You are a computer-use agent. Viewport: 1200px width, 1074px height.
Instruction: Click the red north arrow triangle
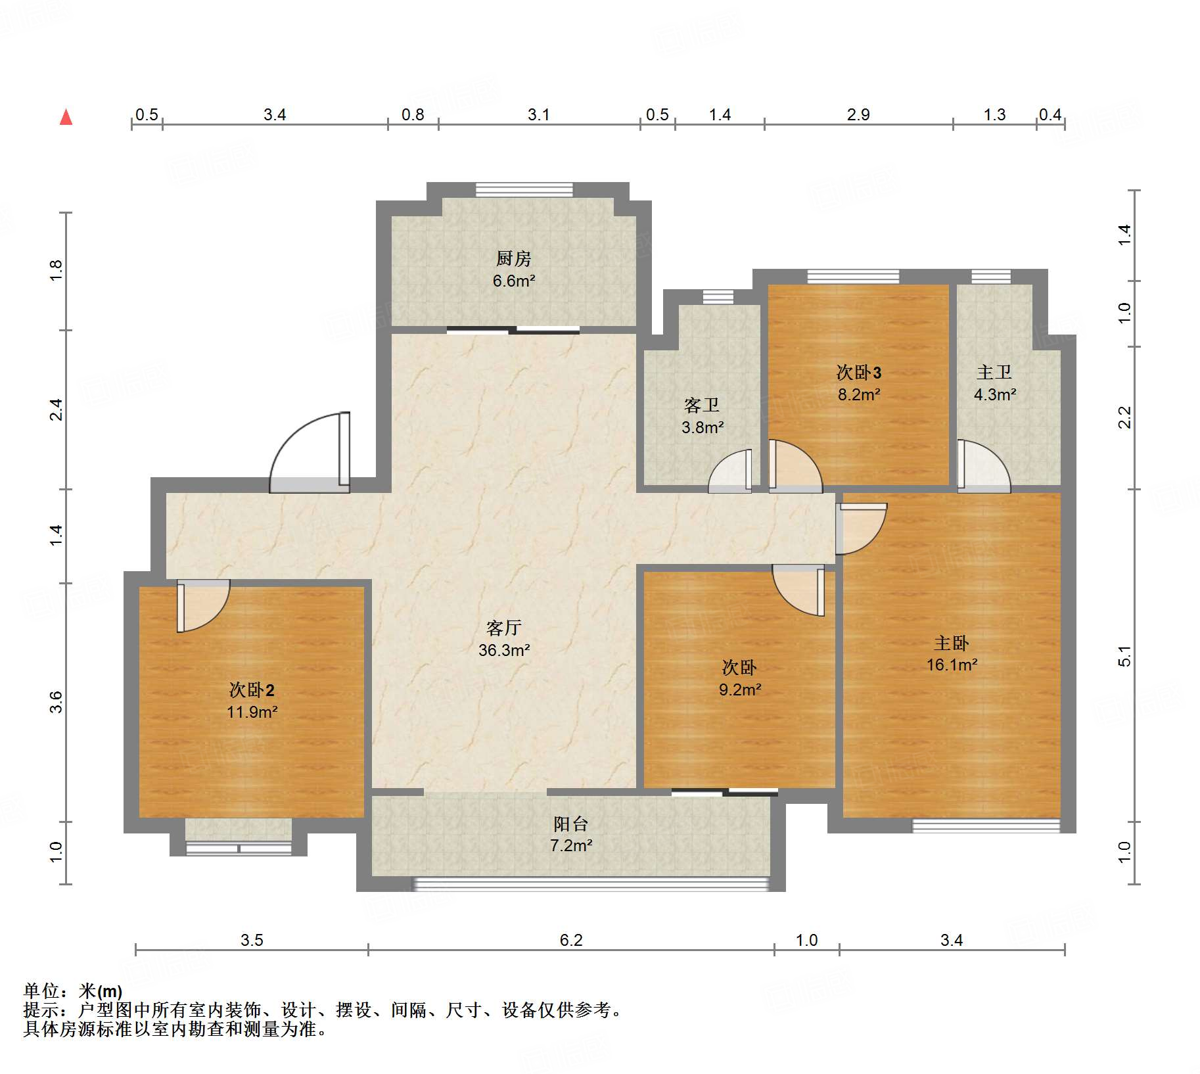[66, 117]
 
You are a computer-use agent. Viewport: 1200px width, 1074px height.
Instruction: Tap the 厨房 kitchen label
[513, 258]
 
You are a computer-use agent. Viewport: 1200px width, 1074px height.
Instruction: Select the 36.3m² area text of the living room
[504, 650]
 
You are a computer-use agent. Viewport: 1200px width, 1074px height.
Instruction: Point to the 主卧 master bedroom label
[952, 643]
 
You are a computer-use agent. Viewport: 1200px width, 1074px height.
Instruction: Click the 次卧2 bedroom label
[252, 689]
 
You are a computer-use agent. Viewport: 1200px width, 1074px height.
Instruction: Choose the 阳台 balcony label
[570, 824]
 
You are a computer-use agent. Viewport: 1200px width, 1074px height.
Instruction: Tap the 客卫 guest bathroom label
[701, 405]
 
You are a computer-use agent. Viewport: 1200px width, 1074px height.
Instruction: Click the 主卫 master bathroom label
[994, 372]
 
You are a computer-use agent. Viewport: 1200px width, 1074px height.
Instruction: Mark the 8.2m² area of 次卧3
[858, 394]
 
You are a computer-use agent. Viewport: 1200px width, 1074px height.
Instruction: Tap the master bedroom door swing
[861, 528]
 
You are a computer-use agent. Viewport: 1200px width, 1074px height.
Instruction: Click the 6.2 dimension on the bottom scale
[571, 940]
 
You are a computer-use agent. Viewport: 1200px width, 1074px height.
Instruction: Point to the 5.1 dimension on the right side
[1124, 656]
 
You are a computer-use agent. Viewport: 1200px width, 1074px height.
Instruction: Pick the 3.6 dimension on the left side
[57, 702]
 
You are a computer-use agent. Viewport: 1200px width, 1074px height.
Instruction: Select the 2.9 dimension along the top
[858, 114]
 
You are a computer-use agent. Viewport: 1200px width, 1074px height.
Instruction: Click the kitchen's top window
[524, 190]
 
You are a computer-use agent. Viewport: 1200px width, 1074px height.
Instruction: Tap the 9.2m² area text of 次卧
[740, 689]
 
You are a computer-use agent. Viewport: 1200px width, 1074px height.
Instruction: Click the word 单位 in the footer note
[41, 991]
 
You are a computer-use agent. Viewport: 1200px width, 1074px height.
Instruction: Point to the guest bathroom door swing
[729, 471]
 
